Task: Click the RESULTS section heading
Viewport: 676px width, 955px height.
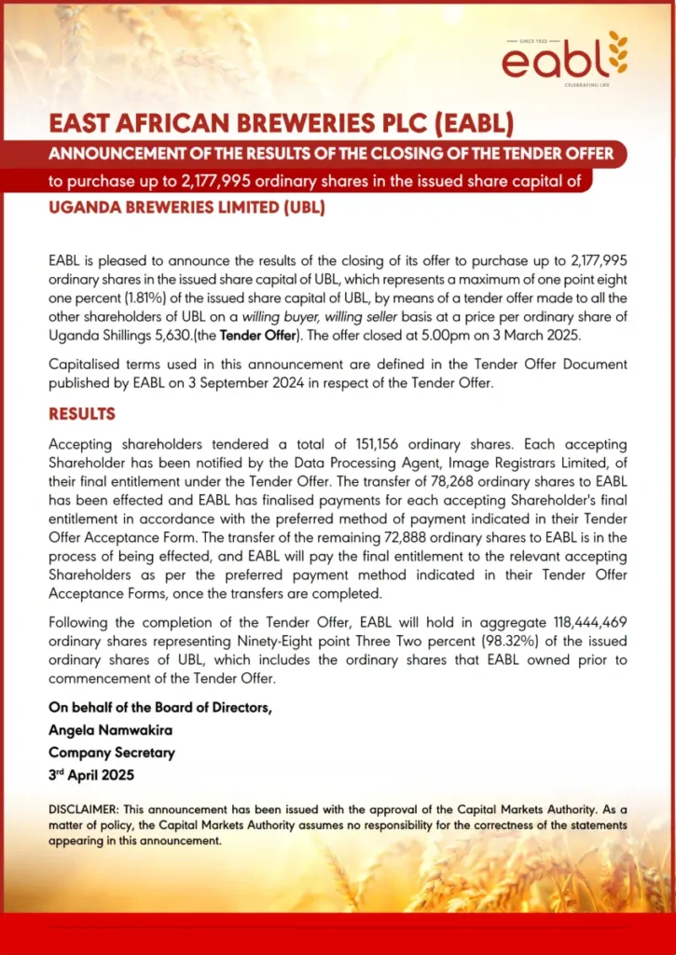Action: pos(82,414)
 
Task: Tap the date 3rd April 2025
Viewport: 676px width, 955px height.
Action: pos(91,775)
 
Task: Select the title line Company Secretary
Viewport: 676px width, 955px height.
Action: pos(112,753)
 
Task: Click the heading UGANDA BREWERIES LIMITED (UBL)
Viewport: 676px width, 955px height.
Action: pos(186,207)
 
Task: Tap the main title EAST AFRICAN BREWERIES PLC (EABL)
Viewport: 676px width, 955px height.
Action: pos(281,124)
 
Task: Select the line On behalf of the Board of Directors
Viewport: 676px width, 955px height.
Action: pos(160,708)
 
